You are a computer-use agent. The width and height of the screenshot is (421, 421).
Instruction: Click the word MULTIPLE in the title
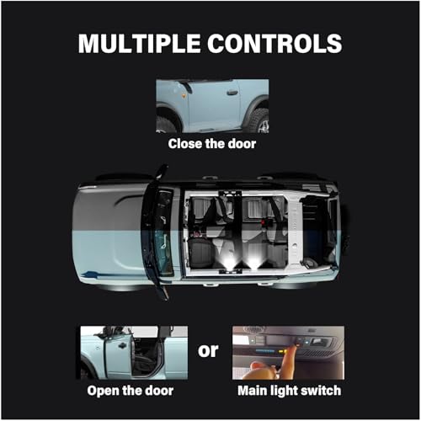[139, 44]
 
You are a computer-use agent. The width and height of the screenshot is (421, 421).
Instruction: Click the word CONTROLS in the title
[274, 44]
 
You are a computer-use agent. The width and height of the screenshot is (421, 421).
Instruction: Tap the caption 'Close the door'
[212, 144]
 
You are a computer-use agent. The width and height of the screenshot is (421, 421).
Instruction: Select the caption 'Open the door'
[131, 391]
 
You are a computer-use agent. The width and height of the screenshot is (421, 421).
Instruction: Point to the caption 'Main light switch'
[290, 391]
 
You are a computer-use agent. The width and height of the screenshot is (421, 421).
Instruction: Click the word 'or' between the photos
[208, 351]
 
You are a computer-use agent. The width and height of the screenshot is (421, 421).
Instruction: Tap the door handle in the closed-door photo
[232, 93]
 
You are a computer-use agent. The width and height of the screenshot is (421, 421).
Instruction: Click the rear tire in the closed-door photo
[258, 120]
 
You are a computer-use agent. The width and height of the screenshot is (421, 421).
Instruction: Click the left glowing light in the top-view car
[230, 264]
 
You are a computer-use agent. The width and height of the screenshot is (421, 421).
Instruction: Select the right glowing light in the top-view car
[253, 264]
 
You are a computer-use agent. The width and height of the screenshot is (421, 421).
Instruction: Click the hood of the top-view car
[109, 232]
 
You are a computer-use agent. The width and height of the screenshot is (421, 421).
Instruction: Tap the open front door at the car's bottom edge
[159, 285]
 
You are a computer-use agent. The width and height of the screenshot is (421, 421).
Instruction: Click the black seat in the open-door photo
[146, 356]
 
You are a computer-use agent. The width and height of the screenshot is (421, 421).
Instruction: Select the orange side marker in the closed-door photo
[184, 96]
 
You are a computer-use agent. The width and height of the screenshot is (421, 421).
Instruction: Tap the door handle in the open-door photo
[122, 347]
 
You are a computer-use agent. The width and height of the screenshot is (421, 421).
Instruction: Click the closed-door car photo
[212, 106]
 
